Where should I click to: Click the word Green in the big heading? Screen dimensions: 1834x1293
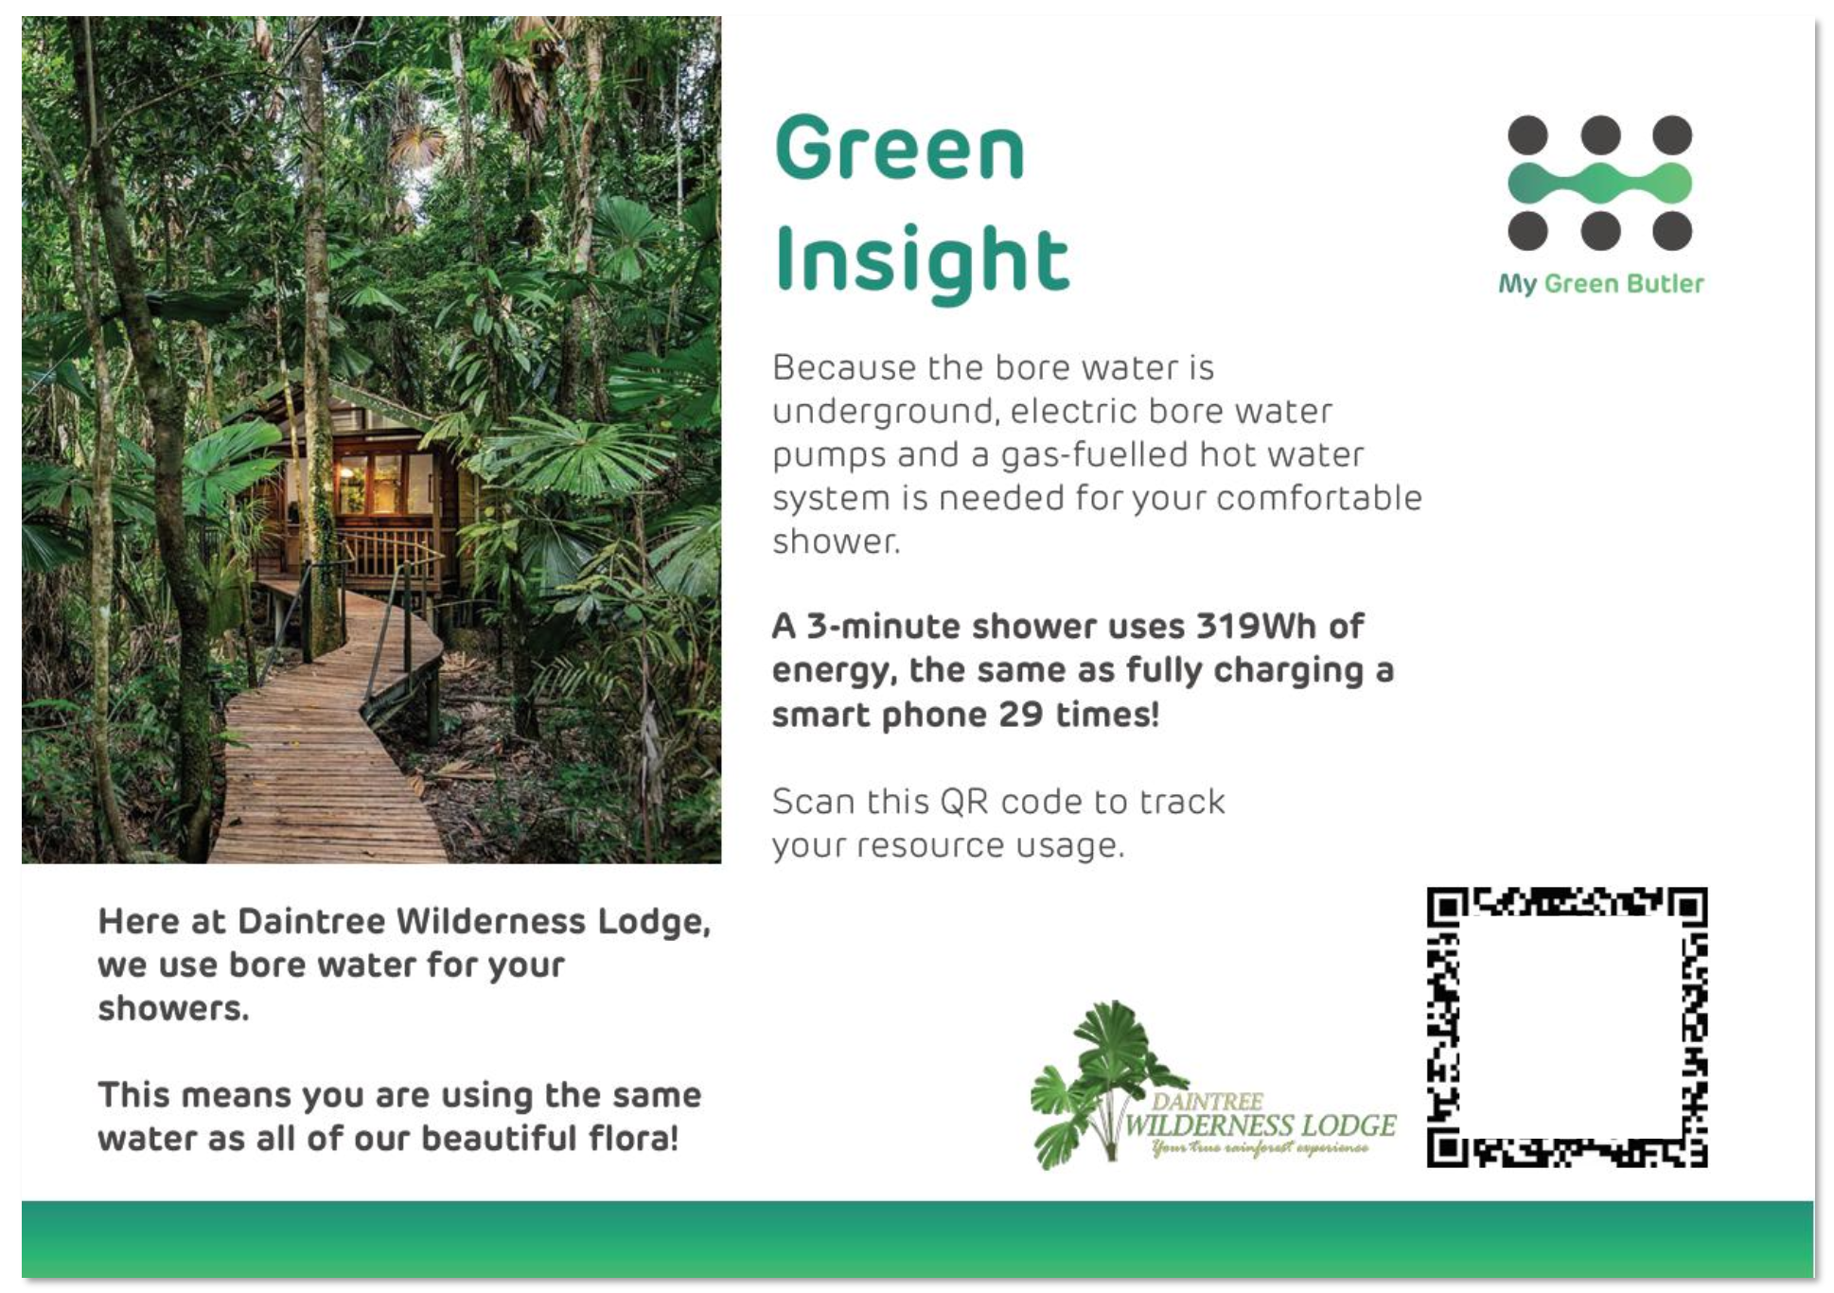point(900,148)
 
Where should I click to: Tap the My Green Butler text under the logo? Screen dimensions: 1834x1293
point(1600,284)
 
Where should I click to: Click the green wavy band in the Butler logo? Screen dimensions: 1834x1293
point(1599,184)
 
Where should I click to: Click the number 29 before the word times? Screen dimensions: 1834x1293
point(1021,715)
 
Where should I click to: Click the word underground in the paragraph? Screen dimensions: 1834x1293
point(883,413)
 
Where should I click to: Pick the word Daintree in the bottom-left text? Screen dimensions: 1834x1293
point(311,921)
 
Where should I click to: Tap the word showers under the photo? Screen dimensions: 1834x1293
point(173,1009)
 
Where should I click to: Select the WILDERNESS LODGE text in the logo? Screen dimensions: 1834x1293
point(1260,1125)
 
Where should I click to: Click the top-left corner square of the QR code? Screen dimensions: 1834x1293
point(1447,907)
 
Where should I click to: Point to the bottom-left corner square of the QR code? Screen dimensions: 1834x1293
point(1447,1147)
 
